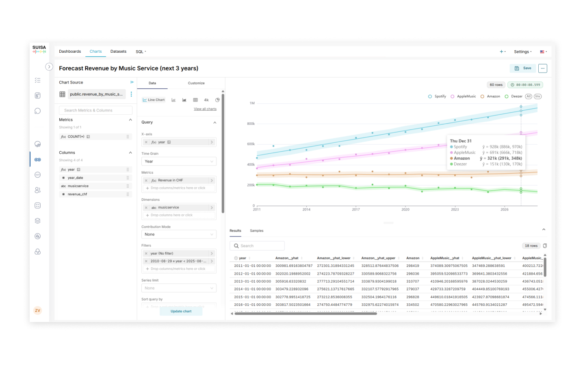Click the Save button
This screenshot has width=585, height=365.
pyautogui.click(x=523, y=68)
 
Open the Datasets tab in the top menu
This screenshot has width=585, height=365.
pyautogui.click(x=118, y=52)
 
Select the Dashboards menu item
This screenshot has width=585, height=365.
pyautogui.click(x=70, y=52)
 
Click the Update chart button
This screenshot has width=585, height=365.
pyautogui.click(x=181, y=311)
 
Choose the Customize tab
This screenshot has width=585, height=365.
pyautogui.click(x=196, y=83)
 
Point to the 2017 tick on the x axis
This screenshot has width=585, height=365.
pyautogui.click(x=356, y=209)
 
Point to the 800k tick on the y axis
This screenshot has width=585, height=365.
pyautogui.click(x=251, y=124)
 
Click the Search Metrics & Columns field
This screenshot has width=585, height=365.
pyautogui.click(x=95, y=110)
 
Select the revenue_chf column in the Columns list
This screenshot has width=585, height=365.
pyautogui.click(x=78, y=194)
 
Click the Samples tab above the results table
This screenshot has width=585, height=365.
pyautogui.click(x=256, y=231)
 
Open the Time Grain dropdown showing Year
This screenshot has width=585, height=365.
pyautogui.click(x=179, y=161)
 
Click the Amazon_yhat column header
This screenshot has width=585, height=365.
pyautogui.click(x=287, y=258)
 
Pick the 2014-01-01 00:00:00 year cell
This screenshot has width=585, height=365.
pyautogui.click(x=252, y=289)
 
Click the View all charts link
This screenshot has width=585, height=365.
pyautogui.click(x=205, y=109)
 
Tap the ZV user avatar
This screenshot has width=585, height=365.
pyautogui.click(x=37, y=311)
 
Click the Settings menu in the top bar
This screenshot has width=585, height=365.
pyautogui.click(x=522, y=52)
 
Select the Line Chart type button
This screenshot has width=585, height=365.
pyautogui.click(x=154, y=100)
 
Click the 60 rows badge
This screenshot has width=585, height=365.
pyautogui.click(x=496, y=85)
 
